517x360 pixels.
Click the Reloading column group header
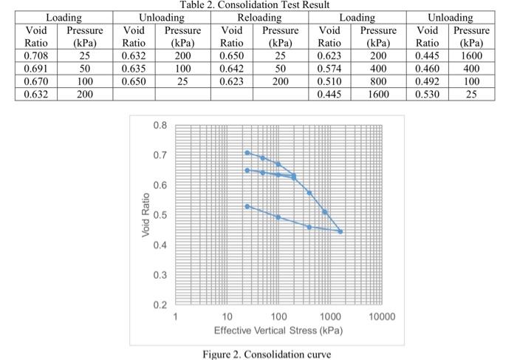(x=259, y=17)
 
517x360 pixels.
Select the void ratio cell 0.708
(x=37, y=55)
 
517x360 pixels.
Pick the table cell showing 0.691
(x=37, y=68)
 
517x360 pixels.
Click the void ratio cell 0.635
(x=134, y=68)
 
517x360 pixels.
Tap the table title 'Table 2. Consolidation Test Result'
(x=258, y=5)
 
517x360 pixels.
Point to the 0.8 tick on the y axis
(x=160, y=125)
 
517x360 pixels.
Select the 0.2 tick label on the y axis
(x=160, y=305)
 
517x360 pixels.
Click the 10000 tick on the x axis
(x=382, y=316)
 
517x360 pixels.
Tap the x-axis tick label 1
(x=175, y=316)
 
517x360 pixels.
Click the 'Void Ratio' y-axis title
(x=145, y=215)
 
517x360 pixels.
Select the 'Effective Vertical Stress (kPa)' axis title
(x=278, y=329)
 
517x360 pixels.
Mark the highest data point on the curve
(x=247, y=153)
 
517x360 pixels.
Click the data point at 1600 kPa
(x=340, y=231)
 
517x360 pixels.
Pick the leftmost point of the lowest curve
(x=247, y=206)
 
